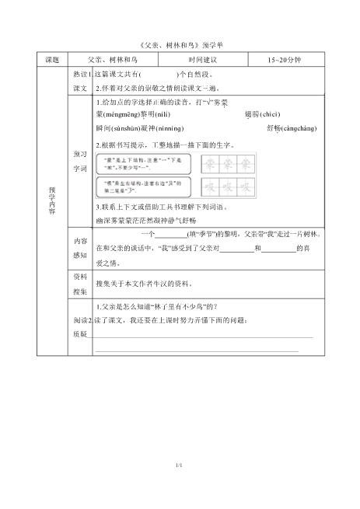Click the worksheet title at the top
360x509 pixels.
click(180, 45)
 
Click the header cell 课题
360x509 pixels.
click(52, 60)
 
